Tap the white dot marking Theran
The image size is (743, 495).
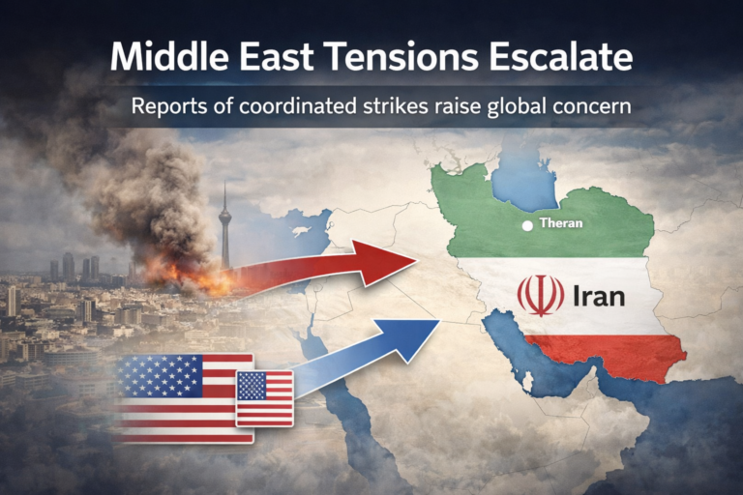click(x=526, y=226)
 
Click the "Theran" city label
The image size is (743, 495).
click(x=562, y=225)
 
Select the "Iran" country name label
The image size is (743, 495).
click(x=598, y=295)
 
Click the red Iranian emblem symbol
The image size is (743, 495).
click(x=540, y=295)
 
